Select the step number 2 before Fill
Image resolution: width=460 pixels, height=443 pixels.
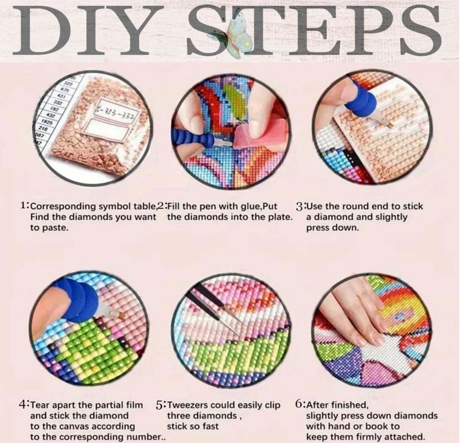[x=161, y=206]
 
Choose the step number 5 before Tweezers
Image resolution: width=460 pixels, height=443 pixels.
[x=160, y=405]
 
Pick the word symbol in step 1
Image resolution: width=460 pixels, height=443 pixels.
[x=115, y=207]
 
